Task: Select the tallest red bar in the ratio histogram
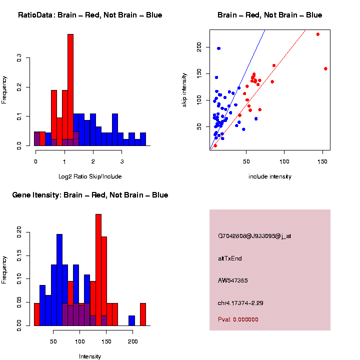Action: coord(70,90)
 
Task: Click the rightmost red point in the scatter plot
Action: coord(325,68)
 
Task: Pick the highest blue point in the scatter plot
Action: coord(218,48)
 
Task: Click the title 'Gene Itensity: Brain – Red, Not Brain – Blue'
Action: coord(90,195)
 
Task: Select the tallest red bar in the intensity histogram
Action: coord(98,270)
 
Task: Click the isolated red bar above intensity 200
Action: coord(143,314)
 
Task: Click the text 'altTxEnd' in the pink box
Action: coord(230,258)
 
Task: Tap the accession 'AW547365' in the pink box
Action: coord(233,280)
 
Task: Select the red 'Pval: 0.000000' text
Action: coord(238,319)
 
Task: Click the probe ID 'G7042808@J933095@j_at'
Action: coord(254,236)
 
